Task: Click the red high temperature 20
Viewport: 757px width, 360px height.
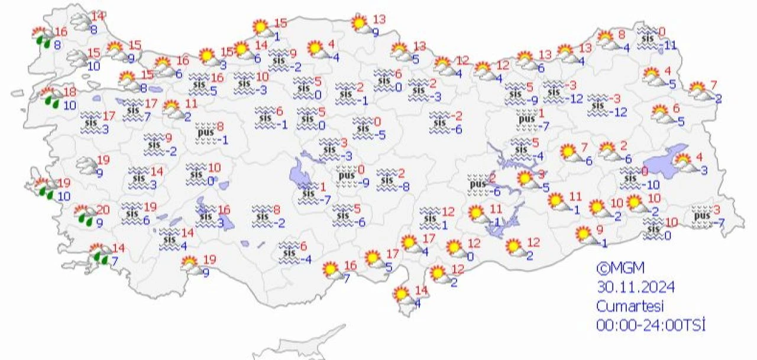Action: [x=103, y=210]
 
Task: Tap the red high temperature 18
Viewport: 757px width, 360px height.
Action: [x=70, y=92]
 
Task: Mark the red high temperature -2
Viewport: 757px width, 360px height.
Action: [x=457, y=116]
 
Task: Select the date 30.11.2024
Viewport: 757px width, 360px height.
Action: [x=635, y=287]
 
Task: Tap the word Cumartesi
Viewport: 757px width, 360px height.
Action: [x=630, y=306]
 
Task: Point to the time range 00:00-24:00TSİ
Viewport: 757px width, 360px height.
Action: [x=651, y=324]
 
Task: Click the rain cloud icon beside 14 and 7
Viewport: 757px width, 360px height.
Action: [x=99, y=255]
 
